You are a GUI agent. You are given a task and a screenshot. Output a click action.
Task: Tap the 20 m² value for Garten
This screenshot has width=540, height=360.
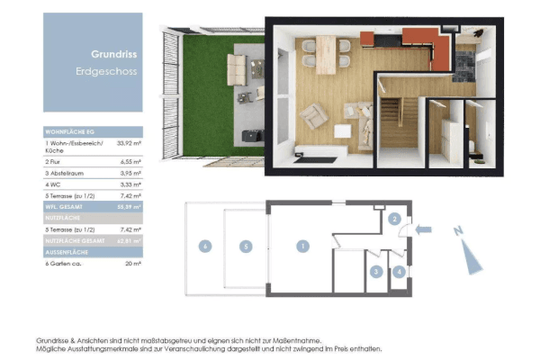130,264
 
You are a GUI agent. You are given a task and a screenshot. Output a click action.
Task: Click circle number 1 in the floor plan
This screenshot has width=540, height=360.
304,246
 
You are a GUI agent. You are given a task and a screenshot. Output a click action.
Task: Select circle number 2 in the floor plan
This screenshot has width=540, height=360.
394,219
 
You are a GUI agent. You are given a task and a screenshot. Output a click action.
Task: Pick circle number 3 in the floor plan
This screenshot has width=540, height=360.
377,270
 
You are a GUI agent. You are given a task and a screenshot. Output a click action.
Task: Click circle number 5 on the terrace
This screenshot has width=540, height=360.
243,246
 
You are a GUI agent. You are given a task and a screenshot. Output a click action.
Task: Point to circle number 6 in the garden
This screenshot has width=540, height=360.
205,246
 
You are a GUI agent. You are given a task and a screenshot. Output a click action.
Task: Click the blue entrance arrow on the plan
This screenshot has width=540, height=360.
426,229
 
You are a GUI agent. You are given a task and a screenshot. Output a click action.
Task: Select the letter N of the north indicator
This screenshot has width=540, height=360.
459,231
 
